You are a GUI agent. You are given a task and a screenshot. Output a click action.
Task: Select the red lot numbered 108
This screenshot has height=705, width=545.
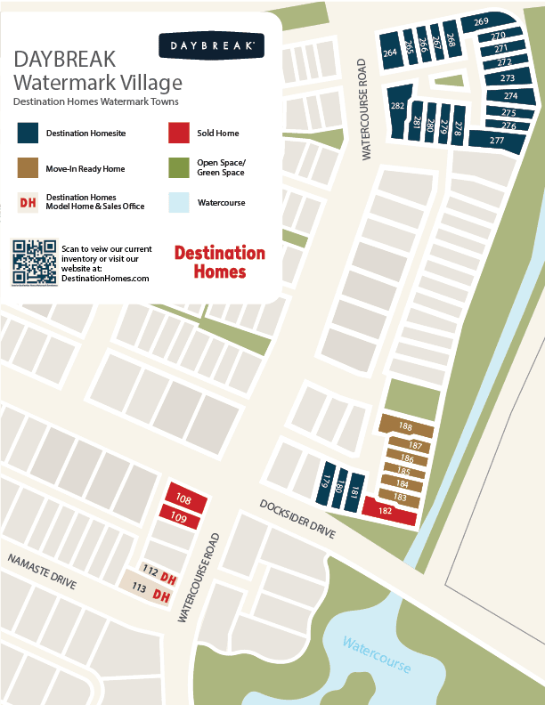[x=185, y=499]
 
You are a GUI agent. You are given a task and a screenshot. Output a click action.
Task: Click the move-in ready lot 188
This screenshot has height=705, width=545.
[x=406, y=426]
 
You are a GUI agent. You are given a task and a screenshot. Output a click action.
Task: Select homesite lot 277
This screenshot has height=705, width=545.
[x=497, y=140]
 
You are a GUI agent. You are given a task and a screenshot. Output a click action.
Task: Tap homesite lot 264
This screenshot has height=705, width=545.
[x=389, y=53]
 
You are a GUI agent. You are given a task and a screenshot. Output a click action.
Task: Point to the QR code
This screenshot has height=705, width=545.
[x=34, y=261]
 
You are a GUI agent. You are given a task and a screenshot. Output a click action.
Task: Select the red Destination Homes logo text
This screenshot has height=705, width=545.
[x=219, y=262]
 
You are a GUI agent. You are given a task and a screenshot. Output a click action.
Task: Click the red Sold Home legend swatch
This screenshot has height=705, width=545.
[x=179, y=133]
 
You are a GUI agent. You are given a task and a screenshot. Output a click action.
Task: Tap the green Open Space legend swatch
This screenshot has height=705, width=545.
[x=179, y=168]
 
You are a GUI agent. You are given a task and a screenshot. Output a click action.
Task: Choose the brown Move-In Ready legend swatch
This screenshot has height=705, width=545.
[x=28, y=168]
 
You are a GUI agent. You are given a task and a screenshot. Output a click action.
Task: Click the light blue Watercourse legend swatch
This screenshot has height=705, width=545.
[x=179, y=203]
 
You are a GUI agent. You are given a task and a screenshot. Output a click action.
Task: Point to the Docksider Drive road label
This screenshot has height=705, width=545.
[x=297, y=518]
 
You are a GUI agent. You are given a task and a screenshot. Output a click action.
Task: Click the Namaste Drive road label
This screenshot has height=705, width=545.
[x=43, y=573]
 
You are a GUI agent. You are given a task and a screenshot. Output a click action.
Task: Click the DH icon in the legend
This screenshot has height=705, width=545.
[x=28, y=203]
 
